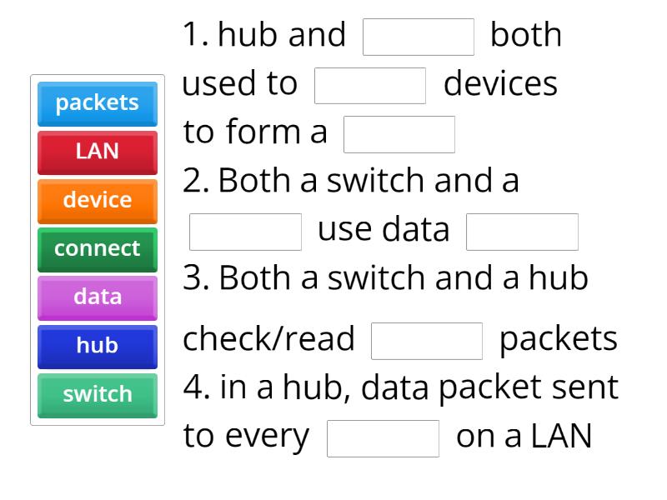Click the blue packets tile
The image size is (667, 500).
tap(98, 102)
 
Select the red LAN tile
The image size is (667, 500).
tap(98, 152)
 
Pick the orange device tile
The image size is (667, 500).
tap(98, 200)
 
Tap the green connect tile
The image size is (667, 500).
tap(98, 248)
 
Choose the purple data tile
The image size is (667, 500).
tap(98, 297)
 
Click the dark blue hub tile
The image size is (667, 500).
tap(98, 345)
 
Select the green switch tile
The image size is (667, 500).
tap(98, 394)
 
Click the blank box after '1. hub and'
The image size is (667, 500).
tap(419, 37)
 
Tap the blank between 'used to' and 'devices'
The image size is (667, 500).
tap(370, 85)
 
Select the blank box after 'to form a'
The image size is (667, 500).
tap(399, 134)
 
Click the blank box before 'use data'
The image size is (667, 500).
tap(245, 232)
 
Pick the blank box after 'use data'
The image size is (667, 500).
tap(522, 232)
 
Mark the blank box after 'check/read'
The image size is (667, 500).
tap(427, 340)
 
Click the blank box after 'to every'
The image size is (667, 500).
tap(383, 438)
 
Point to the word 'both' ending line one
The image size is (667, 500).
tap(526, 35)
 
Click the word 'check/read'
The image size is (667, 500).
tap(268, 339)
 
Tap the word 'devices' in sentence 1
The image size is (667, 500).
tap(500, 84)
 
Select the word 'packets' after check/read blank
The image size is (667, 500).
tap(559, 339)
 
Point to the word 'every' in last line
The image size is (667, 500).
tap(268, 437)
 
